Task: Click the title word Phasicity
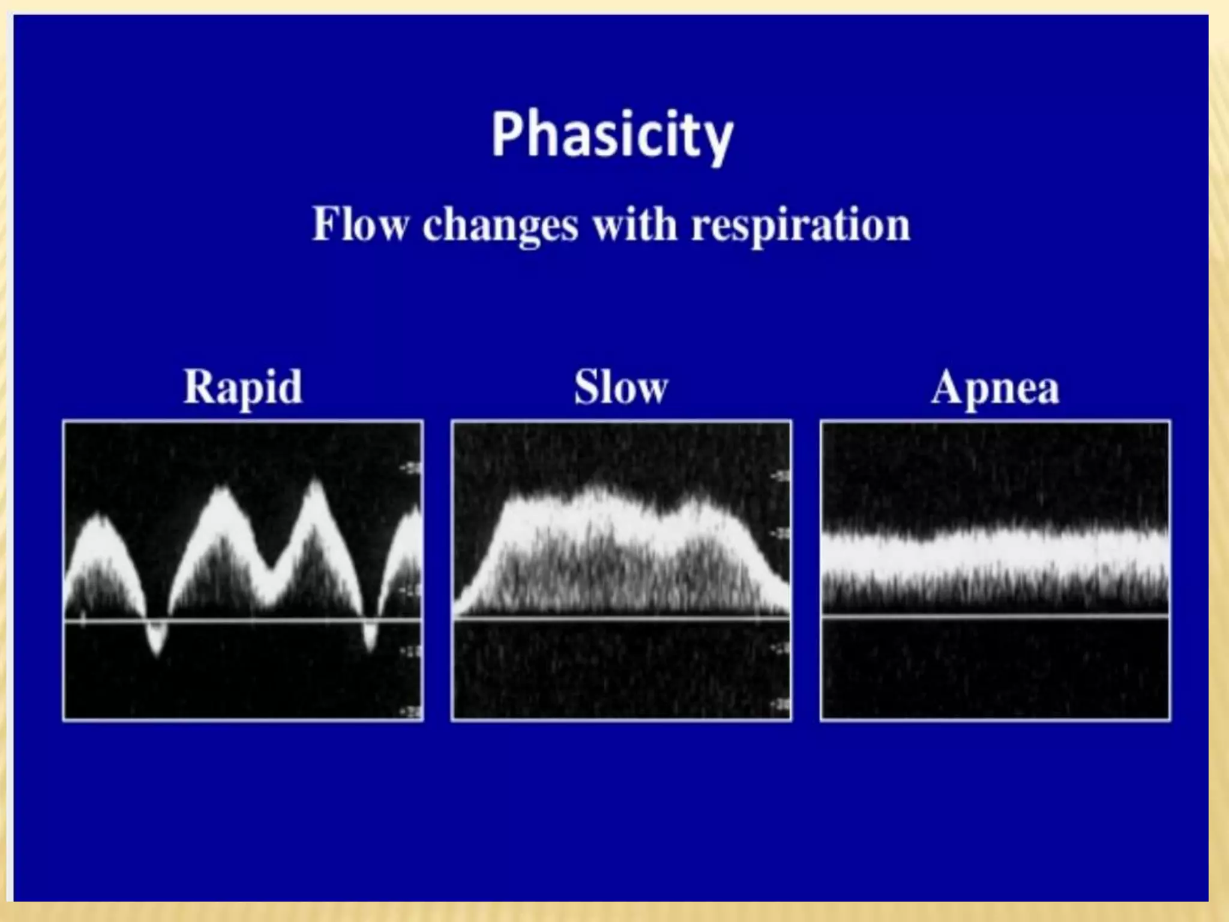click(x=612, y=136)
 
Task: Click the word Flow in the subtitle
click(x=361, y=224)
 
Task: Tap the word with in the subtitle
click(x=636, y=223)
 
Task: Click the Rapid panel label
click(x=243, y=387)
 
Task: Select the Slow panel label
click(x=621, y=387)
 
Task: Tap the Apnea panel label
click(x=995, y=387)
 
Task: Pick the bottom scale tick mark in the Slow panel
click(x=783, y=703)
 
